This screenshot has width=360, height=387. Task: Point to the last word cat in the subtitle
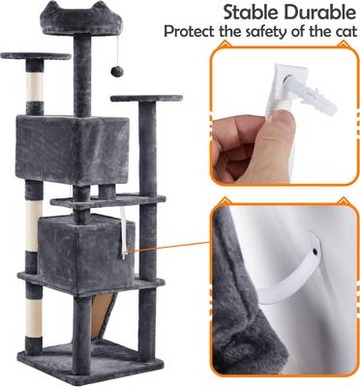[340, 31]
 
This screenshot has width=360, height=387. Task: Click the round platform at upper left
[37, 57]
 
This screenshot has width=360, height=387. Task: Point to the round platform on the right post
[145, 99]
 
